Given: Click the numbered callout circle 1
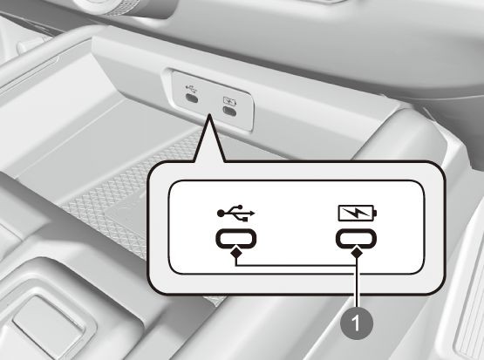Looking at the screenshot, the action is tap(357, 323).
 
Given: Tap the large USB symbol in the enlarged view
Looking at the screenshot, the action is tap(236, 213).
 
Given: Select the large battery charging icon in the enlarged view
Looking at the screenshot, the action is tap(358, 213).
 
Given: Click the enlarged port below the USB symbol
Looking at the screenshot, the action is tap(235, 239).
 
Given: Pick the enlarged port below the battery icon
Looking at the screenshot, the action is tap(356, 239).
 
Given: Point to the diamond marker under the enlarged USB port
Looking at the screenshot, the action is tap(236, 253).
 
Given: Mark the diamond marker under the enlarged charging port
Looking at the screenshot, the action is tap(357, 253).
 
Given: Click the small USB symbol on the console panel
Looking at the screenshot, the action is tap(191, 89).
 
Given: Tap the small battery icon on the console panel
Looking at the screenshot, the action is tap(229, 101).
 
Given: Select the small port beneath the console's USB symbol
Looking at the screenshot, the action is tap(192, 98).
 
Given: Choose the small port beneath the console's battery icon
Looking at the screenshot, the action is tap(229, 111).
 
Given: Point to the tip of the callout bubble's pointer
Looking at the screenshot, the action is tap(209, 114).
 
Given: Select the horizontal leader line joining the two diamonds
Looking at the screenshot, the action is tap(297, 265).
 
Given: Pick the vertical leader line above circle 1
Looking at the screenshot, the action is tap(357, 282).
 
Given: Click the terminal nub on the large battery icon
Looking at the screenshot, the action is tap(375, 214).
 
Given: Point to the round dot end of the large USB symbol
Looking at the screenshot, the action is tap(221, 213).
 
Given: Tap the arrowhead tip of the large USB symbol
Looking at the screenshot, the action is tap(255, 213).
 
